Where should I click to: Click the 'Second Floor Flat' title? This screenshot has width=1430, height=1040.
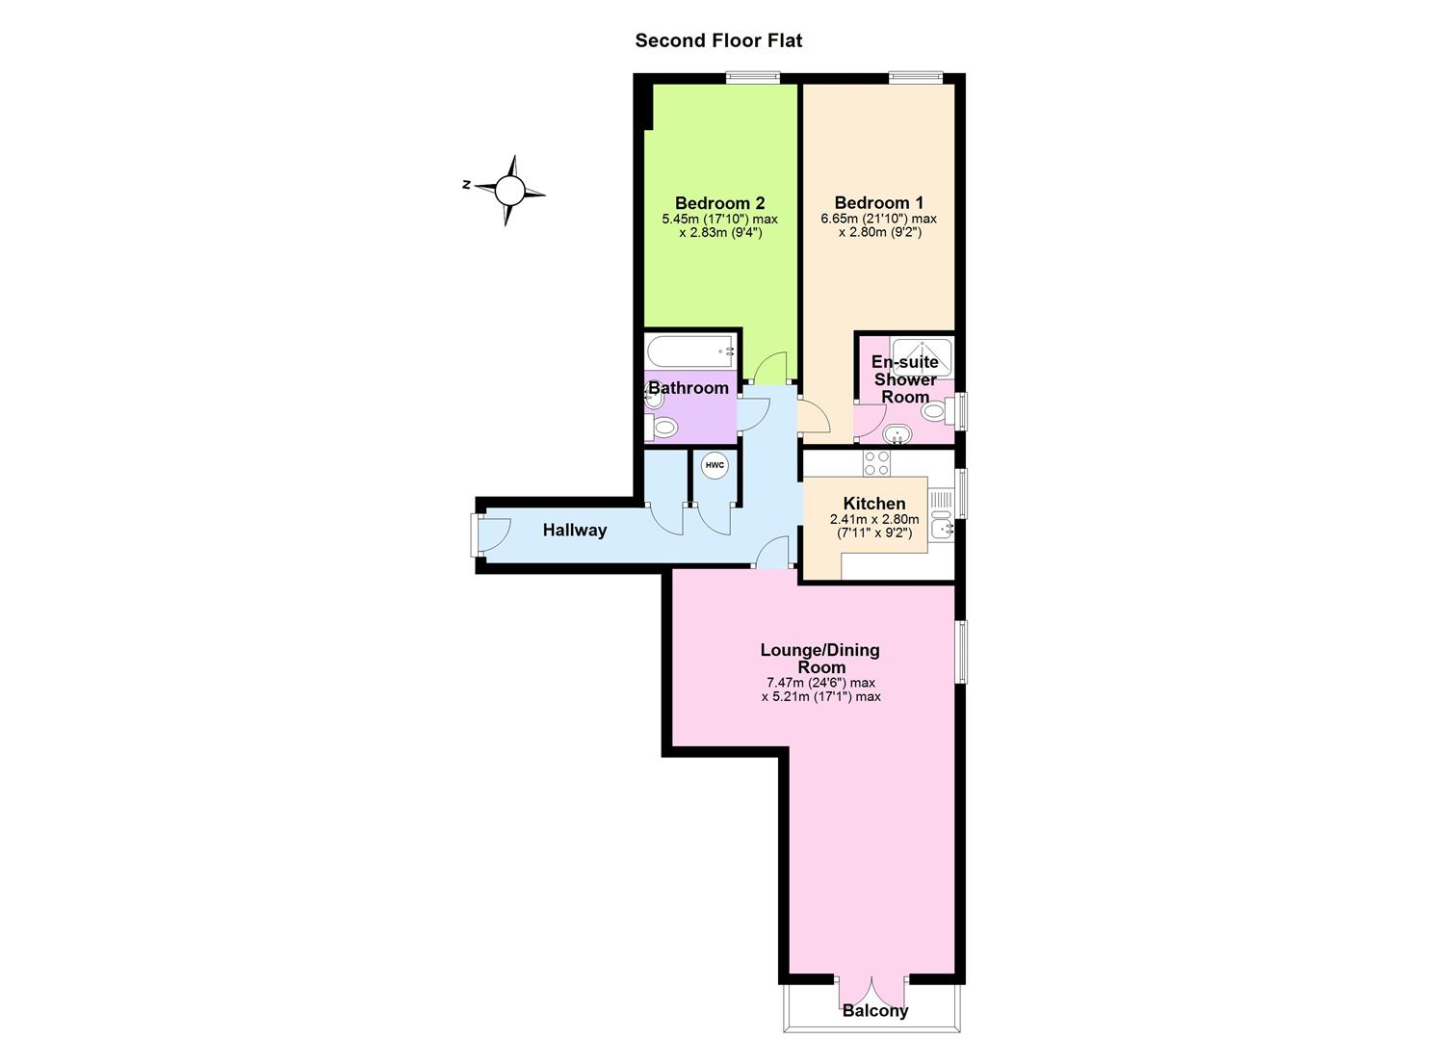pyautogui.click(x=718, y=40)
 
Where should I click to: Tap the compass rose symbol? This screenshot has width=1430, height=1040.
pyautogui.click(x=509, y=190)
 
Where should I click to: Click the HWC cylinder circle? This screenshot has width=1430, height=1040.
pyautogui.click(x=715, y=465)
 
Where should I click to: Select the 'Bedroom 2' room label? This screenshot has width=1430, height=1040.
pyautogui.click(x=719, y=203)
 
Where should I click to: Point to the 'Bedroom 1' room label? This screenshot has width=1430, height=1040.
pyautogui.click(x=878, y=203)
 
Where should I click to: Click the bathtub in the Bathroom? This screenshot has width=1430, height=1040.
pyautogui.click(x=691, y=351)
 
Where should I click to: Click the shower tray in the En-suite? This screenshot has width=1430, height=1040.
pyautogui.click(x=922, y=357)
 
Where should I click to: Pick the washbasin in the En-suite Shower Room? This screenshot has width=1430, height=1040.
pyautogui.click(x=897, y=434)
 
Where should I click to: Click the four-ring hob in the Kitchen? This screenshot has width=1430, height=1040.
pyautogui.click(x=876, y=463)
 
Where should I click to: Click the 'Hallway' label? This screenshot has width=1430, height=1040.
pyautogui.click(x=575, y=530)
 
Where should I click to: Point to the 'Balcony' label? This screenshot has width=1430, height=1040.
pyautogui.click(x=874, y=1011)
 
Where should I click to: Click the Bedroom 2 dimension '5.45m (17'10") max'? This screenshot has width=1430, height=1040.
pyautogui.click(x=719, y=219)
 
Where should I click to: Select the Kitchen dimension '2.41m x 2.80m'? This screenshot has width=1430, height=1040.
pyautogui.click(x=874, y=519)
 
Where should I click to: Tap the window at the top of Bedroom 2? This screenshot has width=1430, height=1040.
pyautogui.click(x=753, y=77)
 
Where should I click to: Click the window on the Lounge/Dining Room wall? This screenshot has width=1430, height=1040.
pyautogui.click(x=961, y=652)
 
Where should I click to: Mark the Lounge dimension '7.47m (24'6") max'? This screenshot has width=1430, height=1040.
pyautogui.click(x=820, y=683)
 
